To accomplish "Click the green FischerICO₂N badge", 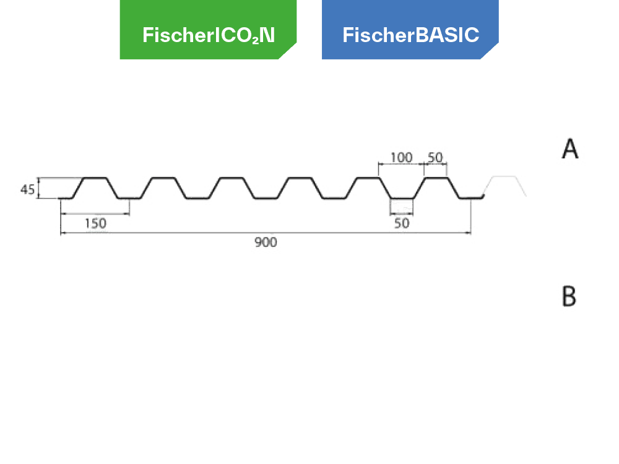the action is [x=208, y=30].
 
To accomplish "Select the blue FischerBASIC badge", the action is [x=410, y=30].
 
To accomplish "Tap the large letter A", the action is [x=570, y=148].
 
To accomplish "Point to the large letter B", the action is [x=569, y=296].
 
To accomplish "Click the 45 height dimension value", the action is [x=28, y=190].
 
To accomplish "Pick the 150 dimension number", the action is [x=95, y=224].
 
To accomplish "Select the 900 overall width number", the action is [x=266, y=243].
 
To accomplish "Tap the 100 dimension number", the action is [x=402, y=157].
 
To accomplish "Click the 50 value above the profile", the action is [x=435, y=157].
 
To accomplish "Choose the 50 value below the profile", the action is [x=402, y=223].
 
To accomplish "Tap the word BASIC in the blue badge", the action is [x=448, y=35].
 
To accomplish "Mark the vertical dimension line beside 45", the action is [x=38, y=188].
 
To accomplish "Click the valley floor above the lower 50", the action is [x=402, y=198].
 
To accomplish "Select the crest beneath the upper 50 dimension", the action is [x=436, y=178].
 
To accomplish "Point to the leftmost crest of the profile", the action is [x=95, y=178].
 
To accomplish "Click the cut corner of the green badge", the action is [x=288, y=51].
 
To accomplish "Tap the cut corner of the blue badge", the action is [x=490, y=51].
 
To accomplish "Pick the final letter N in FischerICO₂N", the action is [x=267, y=35].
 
